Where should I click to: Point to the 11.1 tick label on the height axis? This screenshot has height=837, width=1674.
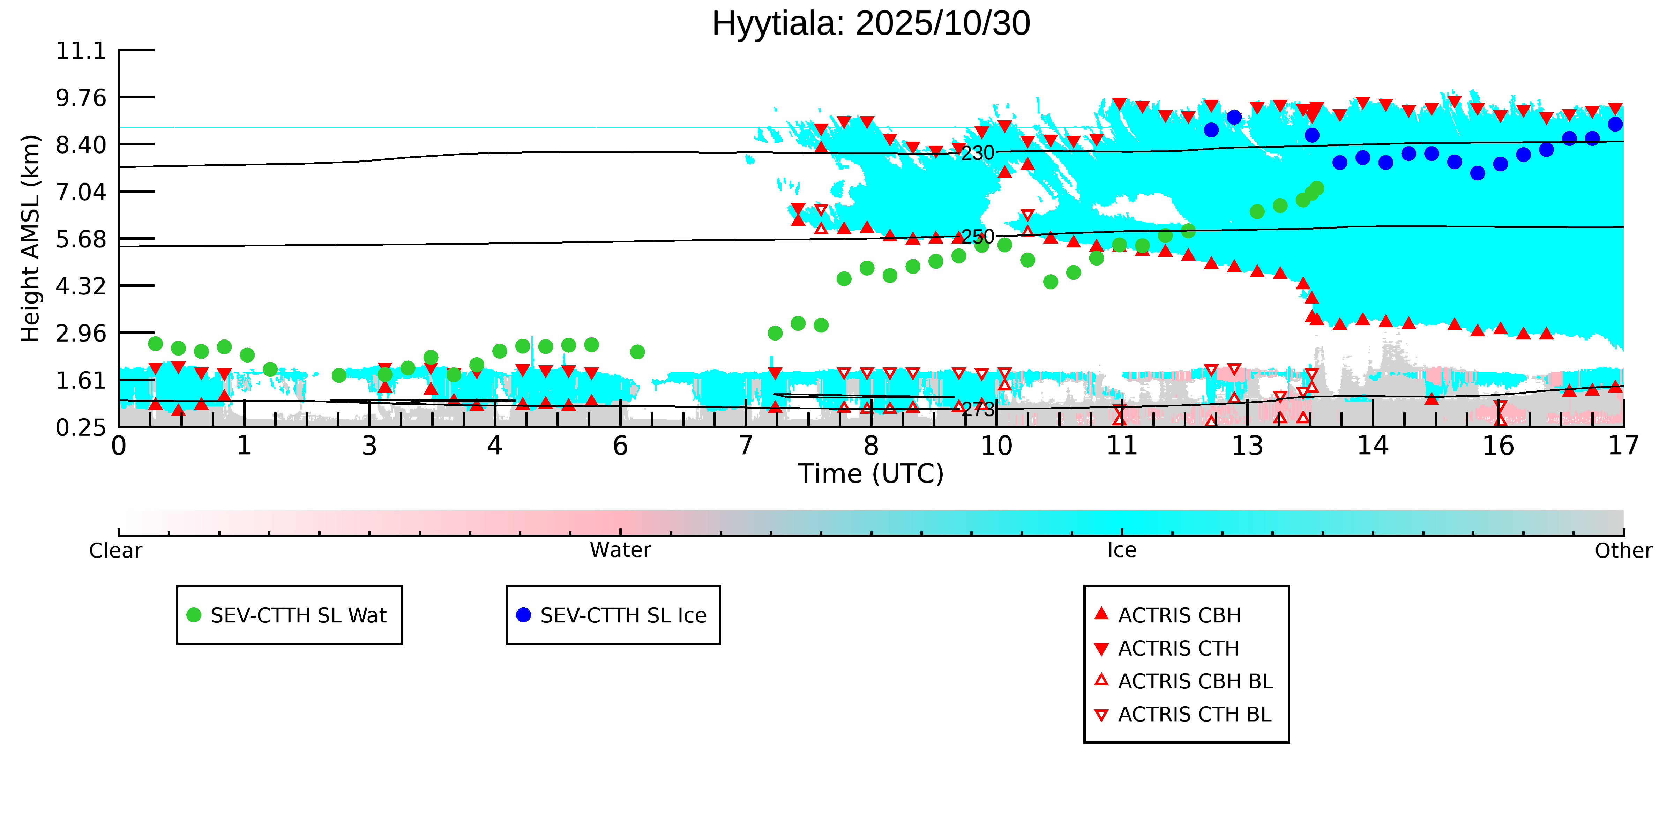point(81,51)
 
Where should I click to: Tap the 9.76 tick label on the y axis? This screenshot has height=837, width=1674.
point(81,98)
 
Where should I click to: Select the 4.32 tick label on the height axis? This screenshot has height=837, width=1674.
point(81,286)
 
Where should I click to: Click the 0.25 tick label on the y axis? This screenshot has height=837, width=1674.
point(81,428)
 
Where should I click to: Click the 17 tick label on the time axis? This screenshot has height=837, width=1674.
point(1623,447)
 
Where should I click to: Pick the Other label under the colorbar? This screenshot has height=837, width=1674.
point(1623,551)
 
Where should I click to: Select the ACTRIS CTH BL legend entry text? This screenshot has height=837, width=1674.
point(1194,715)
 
